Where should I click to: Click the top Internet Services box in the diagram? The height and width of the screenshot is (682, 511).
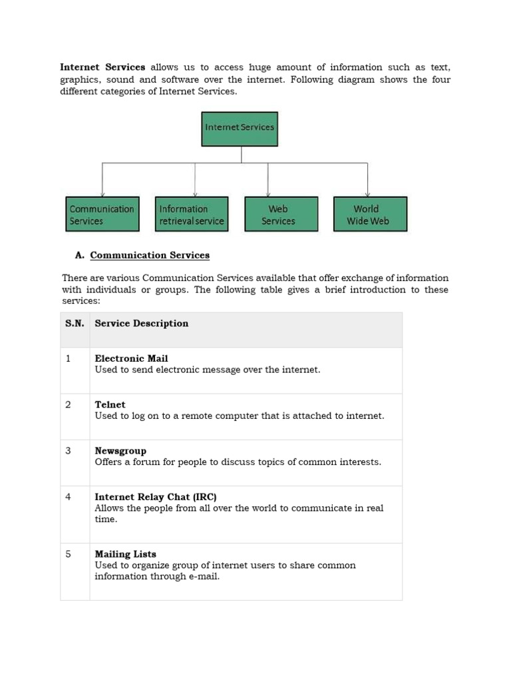240,129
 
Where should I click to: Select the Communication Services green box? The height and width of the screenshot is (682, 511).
102,214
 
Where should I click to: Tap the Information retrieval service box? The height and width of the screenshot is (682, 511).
192,214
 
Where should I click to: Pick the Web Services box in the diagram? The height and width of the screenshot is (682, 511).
278,214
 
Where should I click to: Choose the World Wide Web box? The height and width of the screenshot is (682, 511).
370,214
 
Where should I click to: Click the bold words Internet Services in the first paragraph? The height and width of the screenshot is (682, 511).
102,67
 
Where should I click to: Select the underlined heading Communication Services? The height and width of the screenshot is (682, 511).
150,255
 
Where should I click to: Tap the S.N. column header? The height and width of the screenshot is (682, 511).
75,324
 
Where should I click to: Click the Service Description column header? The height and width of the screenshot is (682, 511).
142,324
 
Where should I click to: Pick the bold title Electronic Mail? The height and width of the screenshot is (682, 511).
131,358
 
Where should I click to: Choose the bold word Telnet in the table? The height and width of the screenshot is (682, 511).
110,404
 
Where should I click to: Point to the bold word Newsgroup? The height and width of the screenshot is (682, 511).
120,451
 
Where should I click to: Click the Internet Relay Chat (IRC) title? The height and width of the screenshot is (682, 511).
156,497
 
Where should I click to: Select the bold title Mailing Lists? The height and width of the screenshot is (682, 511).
126,554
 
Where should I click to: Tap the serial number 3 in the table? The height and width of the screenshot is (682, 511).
68,451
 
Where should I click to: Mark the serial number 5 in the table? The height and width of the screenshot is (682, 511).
68,554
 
